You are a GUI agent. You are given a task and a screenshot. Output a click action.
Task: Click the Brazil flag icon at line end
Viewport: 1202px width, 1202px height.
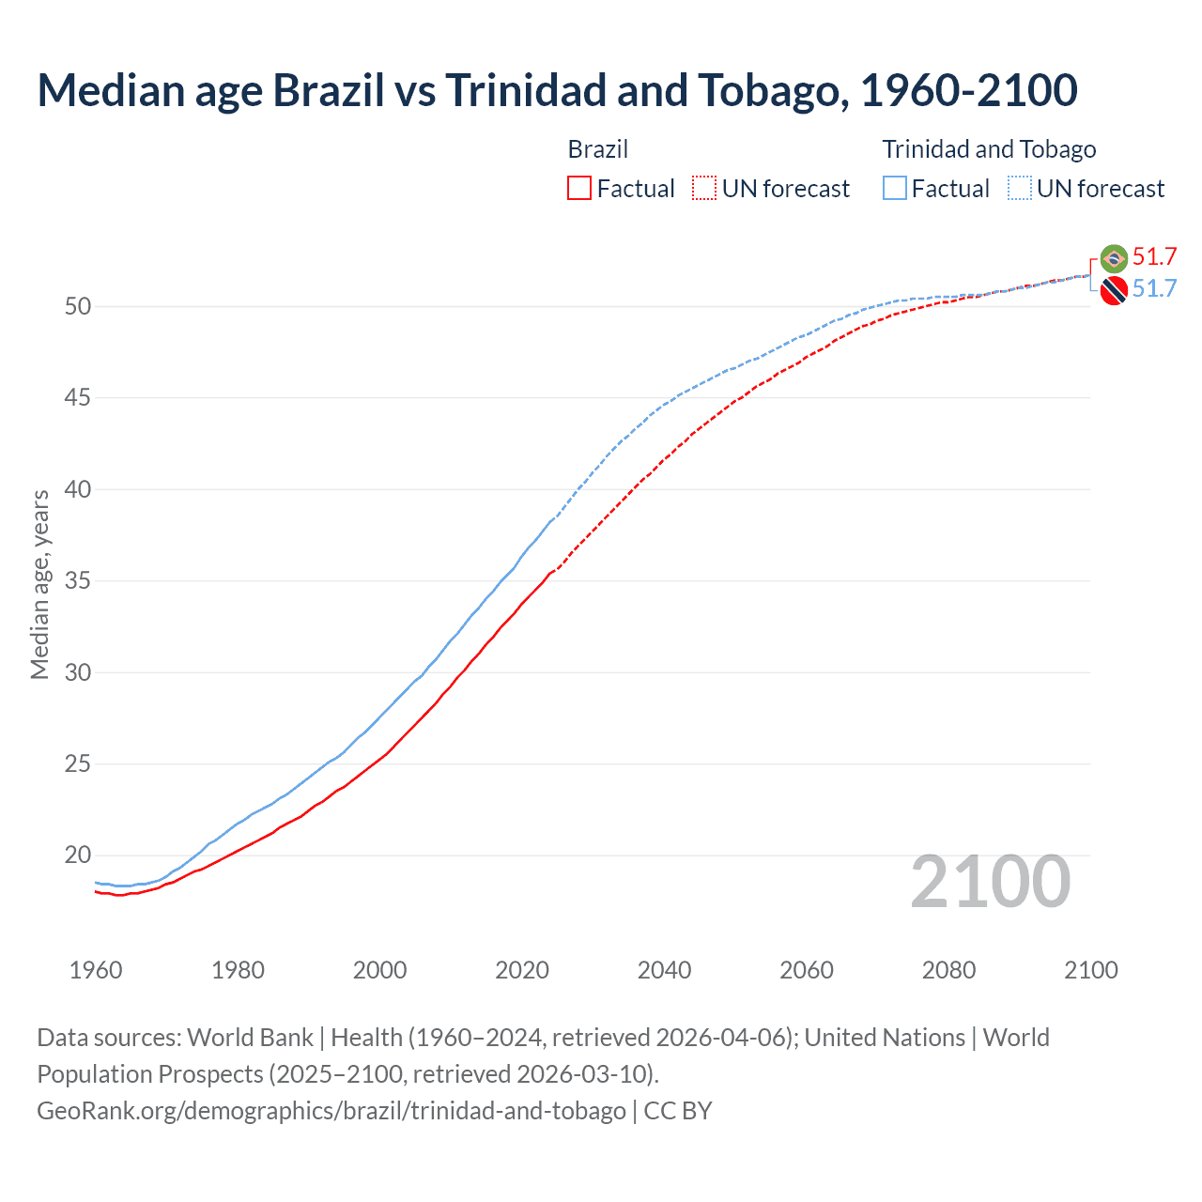(1114, 258)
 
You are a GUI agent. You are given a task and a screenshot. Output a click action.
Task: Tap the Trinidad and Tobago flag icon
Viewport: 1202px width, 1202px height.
(1114, 291)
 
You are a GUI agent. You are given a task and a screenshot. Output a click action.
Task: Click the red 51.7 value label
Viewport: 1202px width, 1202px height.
(1154, 257)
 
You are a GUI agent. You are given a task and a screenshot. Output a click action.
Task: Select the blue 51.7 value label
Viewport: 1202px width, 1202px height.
(1154, 288)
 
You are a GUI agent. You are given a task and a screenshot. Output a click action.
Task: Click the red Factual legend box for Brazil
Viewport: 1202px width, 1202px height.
(579, 189)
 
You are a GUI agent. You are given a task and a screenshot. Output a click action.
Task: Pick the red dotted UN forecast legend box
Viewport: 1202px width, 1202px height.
(704, 189)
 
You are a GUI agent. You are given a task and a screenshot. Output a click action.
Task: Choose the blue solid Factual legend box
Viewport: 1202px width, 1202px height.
(895, 189)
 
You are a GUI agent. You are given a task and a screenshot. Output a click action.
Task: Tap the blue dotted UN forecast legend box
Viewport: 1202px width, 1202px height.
(1020, 189)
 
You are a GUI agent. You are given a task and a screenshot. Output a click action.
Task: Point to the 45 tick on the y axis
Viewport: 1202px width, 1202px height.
(78, 398)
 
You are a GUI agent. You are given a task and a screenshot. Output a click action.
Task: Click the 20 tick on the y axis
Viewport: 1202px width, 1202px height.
(78, 855)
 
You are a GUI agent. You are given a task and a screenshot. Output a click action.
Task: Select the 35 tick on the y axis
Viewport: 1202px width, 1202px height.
(78, 581)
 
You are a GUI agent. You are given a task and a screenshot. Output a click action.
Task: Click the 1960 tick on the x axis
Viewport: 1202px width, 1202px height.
(96, 970)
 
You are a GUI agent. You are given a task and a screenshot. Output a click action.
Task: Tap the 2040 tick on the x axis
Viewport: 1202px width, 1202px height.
(664, 970)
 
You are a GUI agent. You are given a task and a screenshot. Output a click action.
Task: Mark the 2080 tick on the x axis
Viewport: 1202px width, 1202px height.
(948, 970)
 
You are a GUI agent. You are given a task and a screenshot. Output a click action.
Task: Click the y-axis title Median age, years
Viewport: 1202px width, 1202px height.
(39, 584)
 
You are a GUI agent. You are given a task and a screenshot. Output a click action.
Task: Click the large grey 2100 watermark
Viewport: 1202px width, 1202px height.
(990, 882)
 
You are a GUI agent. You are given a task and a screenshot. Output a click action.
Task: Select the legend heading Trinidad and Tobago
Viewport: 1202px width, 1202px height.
(989, 149)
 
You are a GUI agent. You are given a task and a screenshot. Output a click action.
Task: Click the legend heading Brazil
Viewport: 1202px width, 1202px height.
(597, 149)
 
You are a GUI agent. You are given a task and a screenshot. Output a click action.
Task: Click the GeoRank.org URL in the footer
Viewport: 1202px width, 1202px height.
(331, 1111)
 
